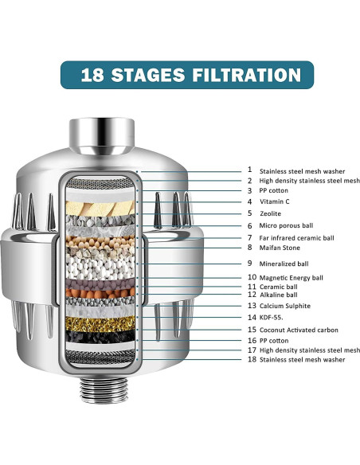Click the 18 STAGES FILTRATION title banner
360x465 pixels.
coord(179,76)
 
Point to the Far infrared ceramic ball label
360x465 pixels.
coord(297,237)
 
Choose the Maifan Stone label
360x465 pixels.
coord(281,248)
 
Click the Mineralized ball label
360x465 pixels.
coord(284,263)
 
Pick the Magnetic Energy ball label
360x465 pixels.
coord(292,278)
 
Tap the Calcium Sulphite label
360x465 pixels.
coord(284,306)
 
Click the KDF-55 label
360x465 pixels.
coord(272,317)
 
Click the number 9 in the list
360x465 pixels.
coord(249,263)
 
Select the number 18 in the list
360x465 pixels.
coord(250,360)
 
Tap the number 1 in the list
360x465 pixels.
coord(249,170)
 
